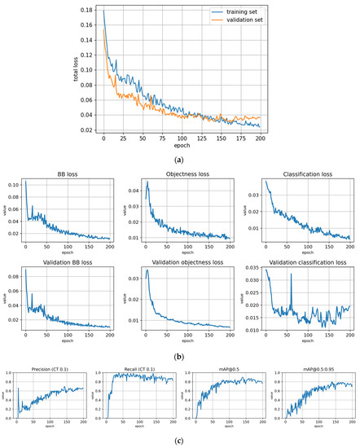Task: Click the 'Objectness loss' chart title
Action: [181, 175]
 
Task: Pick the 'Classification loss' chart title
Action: [299, 175]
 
